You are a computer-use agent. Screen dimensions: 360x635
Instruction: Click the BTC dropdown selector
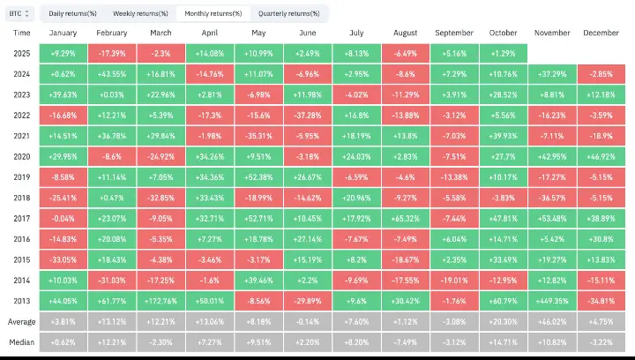pos(19,13)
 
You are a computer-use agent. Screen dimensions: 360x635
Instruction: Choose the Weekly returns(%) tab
pos(140,13)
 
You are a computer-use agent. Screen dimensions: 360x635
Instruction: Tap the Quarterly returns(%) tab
pos(288,13)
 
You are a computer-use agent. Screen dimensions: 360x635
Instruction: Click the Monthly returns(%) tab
pos(214,13)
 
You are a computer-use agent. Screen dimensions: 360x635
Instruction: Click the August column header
pos(405,32)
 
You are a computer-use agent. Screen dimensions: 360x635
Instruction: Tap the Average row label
pos(22,320)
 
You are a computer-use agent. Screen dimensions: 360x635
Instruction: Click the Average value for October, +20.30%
pos(504,320)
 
